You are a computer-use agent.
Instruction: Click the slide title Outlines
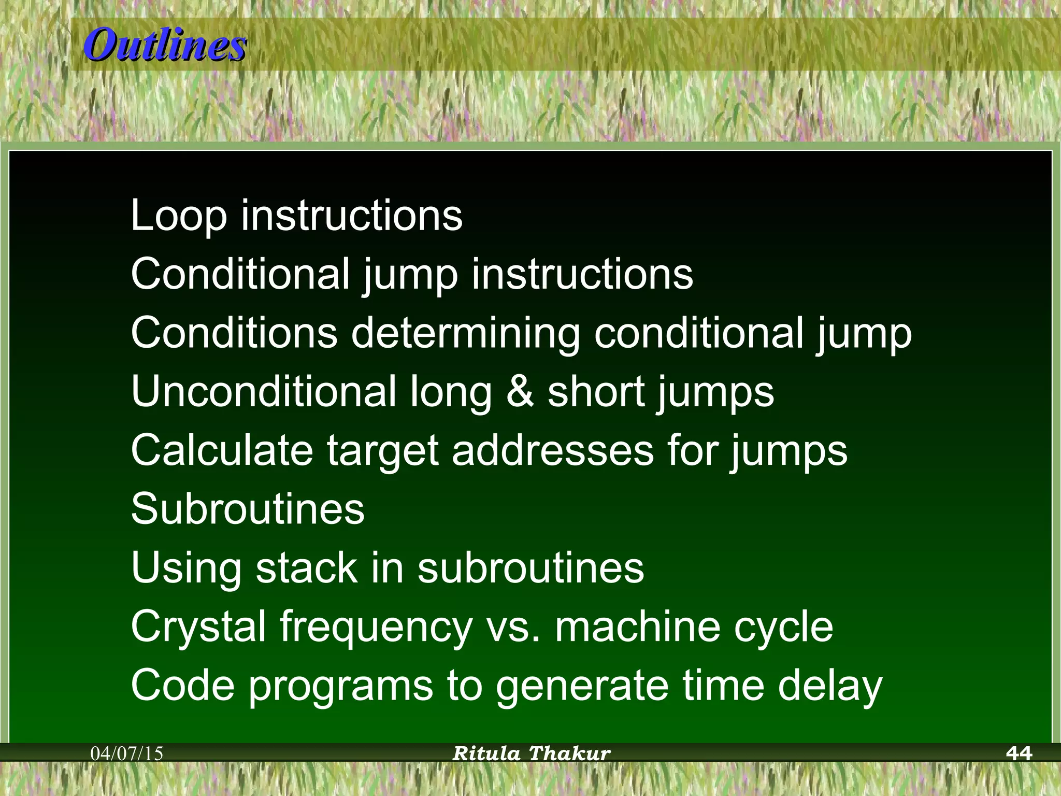165,45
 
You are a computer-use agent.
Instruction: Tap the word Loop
179,216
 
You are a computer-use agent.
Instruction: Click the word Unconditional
264,391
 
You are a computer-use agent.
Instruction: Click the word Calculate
222,450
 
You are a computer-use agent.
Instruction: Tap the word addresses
553,450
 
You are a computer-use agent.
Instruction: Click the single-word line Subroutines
248,508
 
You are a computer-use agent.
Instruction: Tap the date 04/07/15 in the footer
127,754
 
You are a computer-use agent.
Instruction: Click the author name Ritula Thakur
531,753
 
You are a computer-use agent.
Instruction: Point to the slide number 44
1019,753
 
